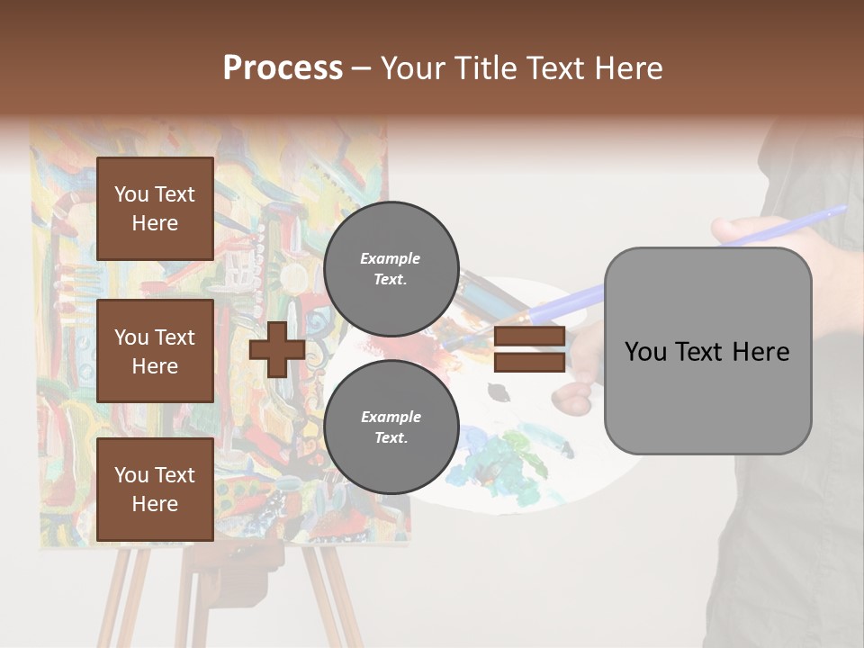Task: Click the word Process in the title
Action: (283, 68)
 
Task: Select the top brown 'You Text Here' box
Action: (155, 209)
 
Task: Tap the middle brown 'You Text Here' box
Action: (155, 351)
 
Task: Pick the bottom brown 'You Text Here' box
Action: (155, 490)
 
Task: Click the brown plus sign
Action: (277, 350)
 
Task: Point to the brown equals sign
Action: (529, 350)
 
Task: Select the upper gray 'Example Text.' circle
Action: (391, 269)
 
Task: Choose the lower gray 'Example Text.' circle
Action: (391, 427)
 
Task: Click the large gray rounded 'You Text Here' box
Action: (707, 351)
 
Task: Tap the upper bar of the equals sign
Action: (529, 337)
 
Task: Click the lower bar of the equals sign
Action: (529, 363)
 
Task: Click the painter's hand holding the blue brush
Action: (747, 229)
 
